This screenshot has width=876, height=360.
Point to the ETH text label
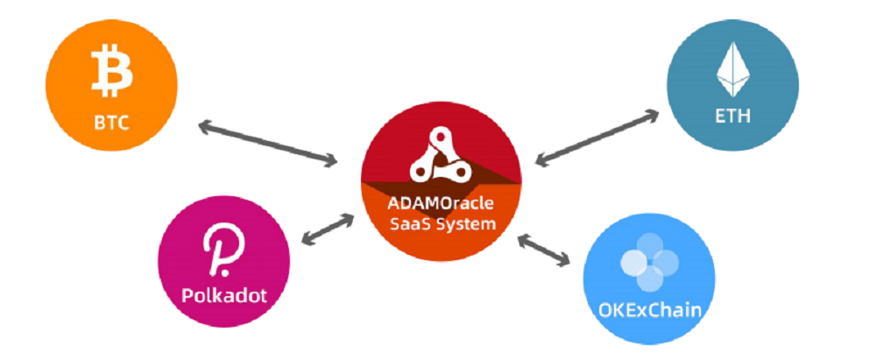[732, 116]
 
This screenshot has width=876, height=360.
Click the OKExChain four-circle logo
[649, 263]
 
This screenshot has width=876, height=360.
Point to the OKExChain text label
[649, 309]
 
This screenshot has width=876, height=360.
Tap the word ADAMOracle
[442, 203]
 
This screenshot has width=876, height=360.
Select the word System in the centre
[465, 224]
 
